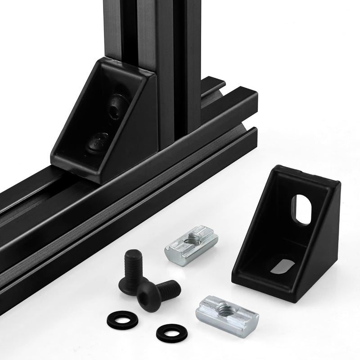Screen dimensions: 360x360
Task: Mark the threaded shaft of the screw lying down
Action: (167, 287)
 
